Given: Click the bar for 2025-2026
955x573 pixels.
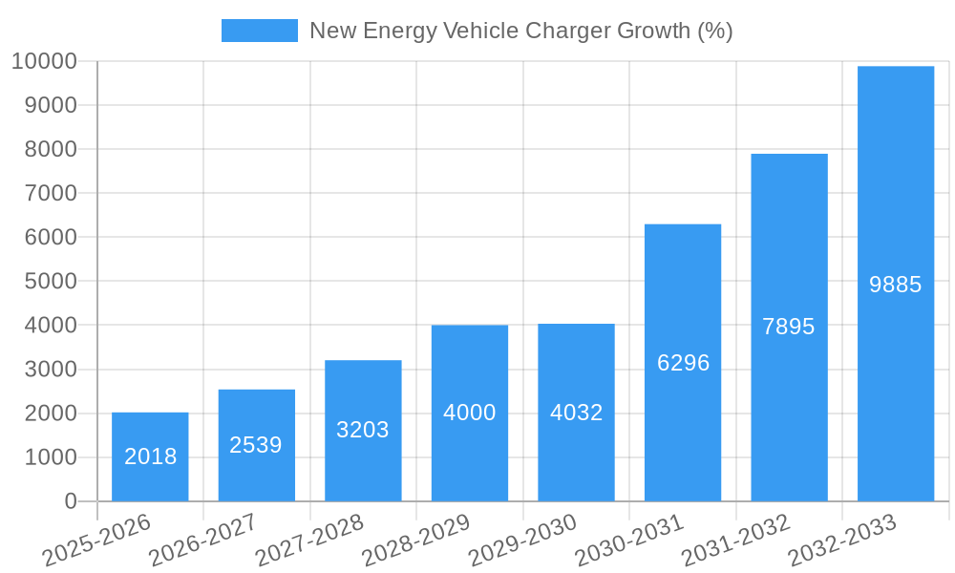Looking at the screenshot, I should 150,456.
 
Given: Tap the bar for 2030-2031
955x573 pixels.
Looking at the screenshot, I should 683,363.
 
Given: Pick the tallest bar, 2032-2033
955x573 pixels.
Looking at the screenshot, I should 896,284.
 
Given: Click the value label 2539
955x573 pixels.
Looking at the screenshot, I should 256,445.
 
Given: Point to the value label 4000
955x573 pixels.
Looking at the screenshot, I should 470,413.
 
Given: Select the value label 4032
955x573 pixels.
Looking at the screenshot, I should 576,413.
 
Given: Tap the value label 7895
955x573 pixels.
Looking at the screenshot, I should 789,327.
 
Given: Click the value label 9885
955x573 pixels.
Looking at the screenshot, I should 896,285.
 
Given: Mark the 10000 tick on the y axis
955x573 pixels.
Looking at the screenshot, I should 44,61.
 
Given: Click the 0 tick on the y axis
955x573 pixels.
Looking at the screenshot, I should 70,501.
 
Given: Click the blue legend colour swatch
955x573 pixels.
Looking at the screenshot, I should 260,31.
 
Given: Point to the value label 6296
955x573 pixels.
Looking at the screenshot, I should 683,363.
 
